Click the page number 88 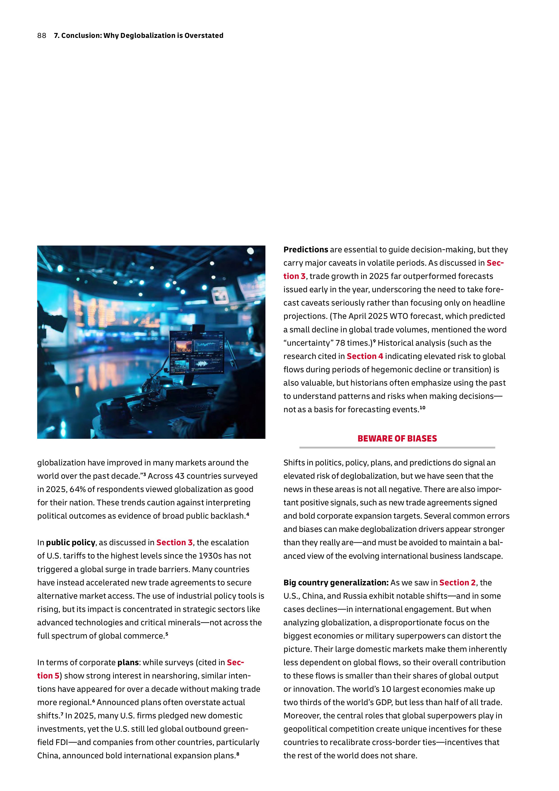coord(42,35)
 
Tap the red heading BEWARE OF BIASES coord(397,439)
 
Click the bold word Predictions coord(306,249)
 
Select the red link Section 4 coord(365,356)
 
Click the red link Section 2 coord(457,583)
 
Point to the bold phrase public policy coord(71,543)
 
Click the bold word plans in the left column coord(128,662)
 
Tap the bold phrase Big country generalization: coord(336,583)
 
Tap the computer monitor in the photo coord(196,352)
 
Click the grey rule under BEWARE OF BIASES coord(397,448)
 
